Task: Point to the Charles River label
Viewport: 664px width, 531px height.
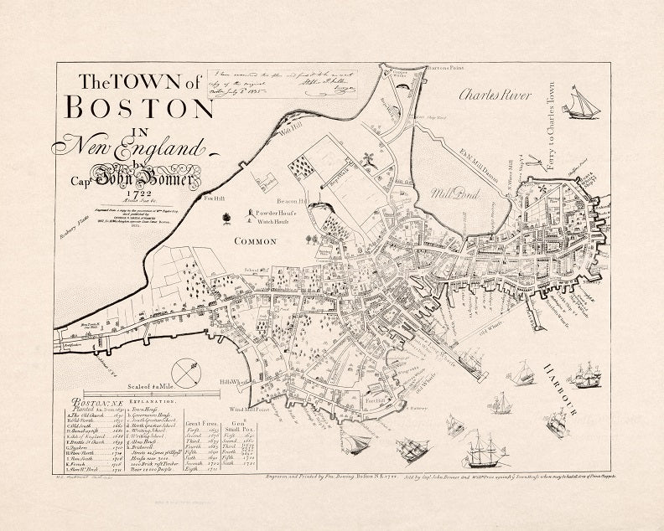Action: click(x=495, y=95)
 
